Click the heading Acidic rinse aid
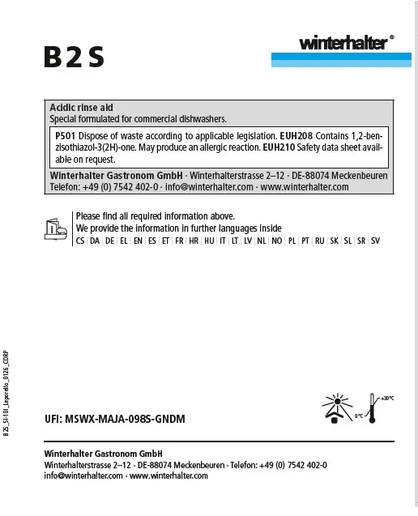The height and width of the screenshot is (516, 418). [81, 107]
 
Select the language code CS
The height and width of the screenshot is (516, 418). [80, 241]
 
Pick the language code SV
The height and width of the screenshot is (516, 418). [375, 241]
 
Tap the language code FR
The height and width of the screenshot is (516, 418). [177, 241]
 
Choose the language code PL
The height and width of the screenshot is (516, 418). [292, 241]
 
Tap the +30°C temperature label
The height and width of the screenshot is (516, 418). [386, 398]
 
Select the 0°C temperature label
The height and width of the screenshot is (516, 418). [360, 415]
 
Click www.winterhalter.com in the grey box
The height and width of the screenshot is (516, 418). [305, 187]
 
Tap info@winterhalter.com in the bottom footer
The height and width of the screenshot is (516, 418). [84, 475]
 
